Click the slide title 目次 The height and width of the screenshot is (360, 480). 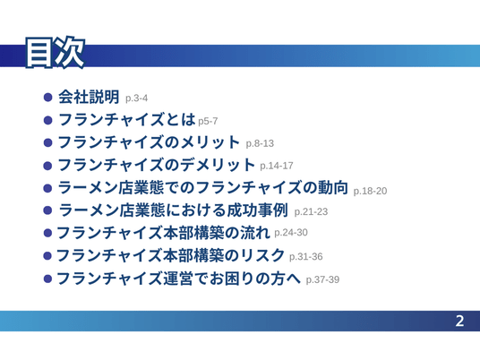point(55,53)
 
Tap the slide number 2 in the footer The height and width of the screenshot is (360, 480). point(459,321)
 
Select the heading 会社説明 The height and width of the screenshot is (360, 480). point(89,97)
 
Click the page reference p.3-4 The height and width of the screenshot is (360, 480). point(136,99)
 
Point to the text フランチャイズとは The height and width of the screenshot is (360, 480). point(127,119)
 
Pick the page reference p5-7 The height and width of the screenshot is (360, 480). point(208,121)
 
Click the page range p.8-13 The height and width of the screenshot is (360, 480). point(260,143)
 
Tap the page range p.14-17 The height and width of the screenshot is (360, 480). point(277,166)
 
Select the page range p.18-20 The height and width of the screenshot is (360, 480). point(370,191)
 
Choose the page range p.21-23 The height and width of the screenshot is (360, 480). point(311,211)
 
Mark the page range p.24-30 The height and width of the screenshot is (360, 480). point(291,232)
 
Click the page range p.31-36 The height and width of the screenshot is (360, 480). point(305,256)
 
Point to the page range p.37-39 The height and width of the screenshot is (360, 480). point(322,279)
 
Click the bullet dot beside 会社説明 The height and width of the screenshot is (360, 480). point(48,98)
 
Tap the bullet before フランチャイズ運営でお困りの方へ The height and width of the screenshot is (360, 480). point(47,279)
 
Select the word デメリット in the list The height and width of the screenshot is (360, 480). point(218,165)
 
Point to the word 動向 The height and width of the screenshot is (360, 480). point(333,187)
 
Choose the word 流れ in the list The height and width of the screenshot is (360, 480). point(254,233)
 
